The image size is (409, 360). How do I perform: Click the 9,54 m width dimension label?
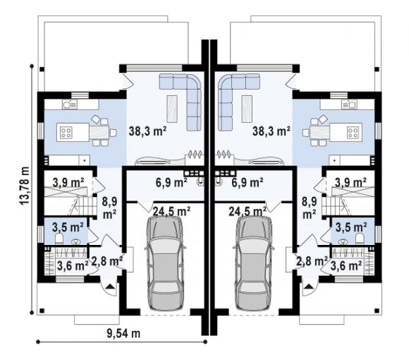point(123,333)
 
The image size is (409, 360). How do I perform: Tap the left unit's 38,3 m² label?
point(148,131)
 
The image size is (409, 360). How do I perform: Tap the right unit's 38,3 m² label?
point(271,131)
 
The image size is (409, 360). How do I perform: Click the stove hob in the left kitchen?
point(66,132)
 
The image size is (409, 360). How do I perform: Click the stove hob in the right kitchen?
point(353,132)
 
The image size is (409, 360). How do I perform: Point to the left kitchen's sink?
point(70,104)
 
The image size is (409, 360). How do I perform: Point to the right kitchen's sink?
point(349,104)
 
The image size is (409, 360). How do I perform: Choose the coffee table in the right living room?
point(247,109)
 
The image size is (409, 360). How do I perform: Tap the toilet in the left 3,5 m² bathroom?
point(59,239)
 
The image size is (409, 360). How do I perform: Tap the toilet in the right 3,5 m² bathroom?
point(360,239)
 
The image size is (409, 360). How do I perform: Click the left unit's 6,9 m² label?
point(171,183)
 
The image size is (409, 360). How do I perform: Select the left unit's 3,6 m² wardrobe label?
point(73,266)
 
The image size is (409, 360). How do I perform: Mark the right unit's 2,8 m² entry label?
point(312,260)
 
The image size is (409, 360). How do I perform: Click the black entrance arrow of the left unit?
point(110,287)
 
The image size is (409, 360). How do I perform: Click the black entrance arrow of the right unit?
point(309,287)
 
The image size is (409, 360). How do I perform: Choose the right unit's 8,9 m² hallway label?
point(310,208)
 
